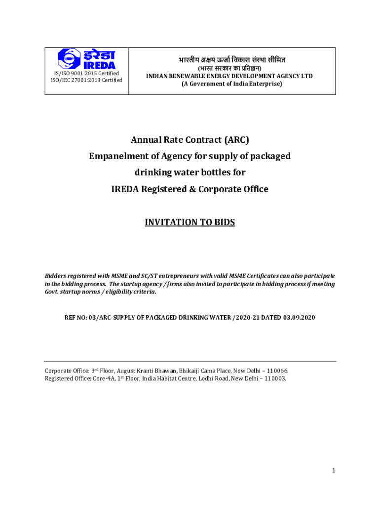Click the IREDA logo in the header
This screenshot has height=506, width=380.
(86, 59)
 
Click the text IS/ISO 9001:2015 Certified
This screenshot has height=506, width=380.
(86, 74)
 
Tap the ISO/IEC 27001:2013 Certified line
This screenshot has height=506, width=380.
(86, 81)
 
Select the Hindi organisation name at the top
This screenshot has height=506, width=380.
(232, 60)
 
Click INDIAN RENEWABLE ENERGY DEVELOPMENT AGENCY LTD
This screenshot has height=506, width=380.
(232, 76)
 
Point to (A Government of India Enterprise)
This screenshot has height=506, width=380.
(232, 84)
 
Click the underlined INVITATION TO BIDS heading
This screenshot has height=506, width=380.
(190, 222)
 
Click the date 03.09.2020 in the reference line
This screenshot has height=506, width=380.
(299, 317)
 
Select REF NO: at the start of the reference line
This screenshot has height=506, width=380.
(76, 317)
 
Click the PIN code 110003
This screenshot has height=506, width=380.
(274, 379)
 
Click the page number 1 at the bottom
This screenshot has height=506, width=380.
(334, 471)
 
